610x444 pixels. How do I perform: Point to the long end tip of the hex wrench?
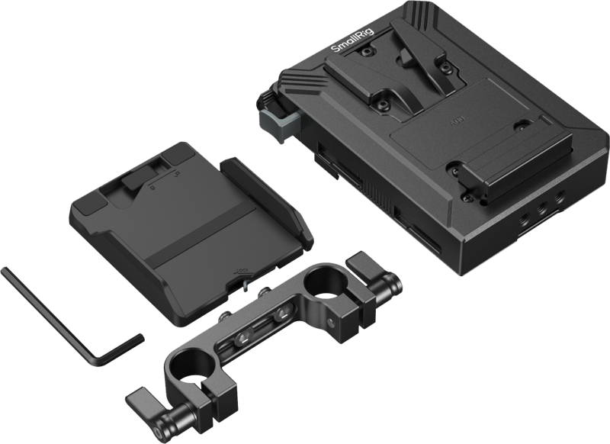tap(6, 268)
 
